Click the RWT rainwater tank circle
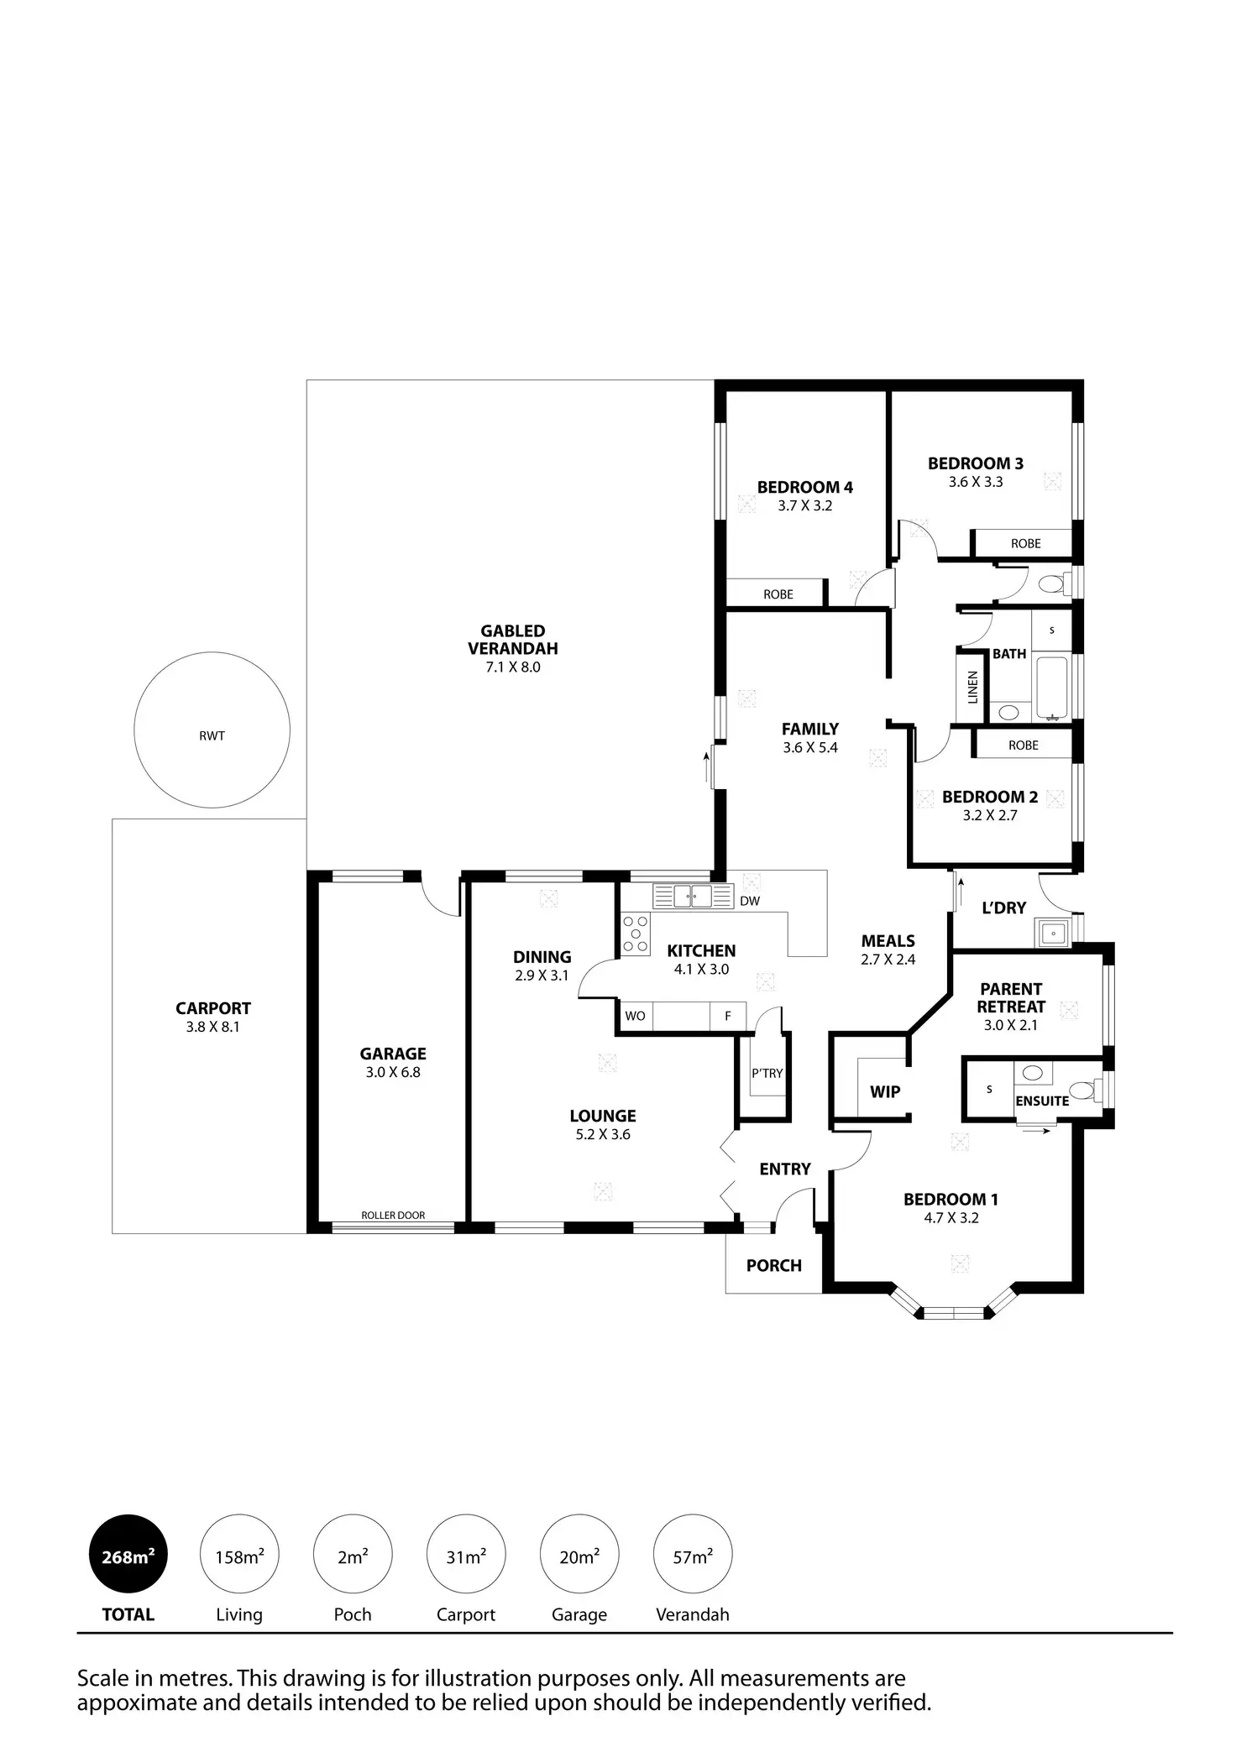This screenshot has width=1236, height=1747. click(x=212, y=730)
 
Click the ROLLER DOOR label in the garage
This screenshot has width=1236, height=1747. click(x=393, y=1215)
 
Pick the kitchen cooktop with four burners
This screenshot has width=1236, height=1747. click(x=636, y=934)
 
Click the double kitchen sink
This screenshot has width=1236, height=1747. click(x=693, y=897)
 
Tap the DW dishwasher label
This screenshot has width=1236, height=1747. click(x=750, y=901)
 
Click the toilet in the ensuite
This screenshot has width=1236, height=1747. click(x=1083, y=1090)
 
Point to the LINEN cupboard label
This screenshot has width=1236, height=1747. click(x=973, y=687)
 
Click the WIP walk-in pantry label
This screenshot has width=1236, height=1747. click(x=885, y=1091)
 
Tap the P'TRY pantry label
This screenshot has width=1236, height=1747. click(x=767, y=1073)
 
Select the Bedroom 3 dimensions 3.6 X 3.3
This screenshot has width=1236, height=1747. click(x=976, y=482)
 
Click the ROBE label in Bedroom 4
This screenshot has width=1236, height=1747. click(x=778, y=594)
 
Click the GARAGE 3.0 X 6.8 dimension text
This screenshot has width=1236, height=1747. click(x=393, y=1072)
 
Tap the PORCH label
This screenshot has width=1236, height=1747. click(x=774, y=1265)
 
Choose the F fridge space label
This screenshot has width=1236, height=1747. click(x=728, y=1016)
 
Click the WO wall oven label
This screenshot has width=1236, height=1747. click(x=635, y=1016)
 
